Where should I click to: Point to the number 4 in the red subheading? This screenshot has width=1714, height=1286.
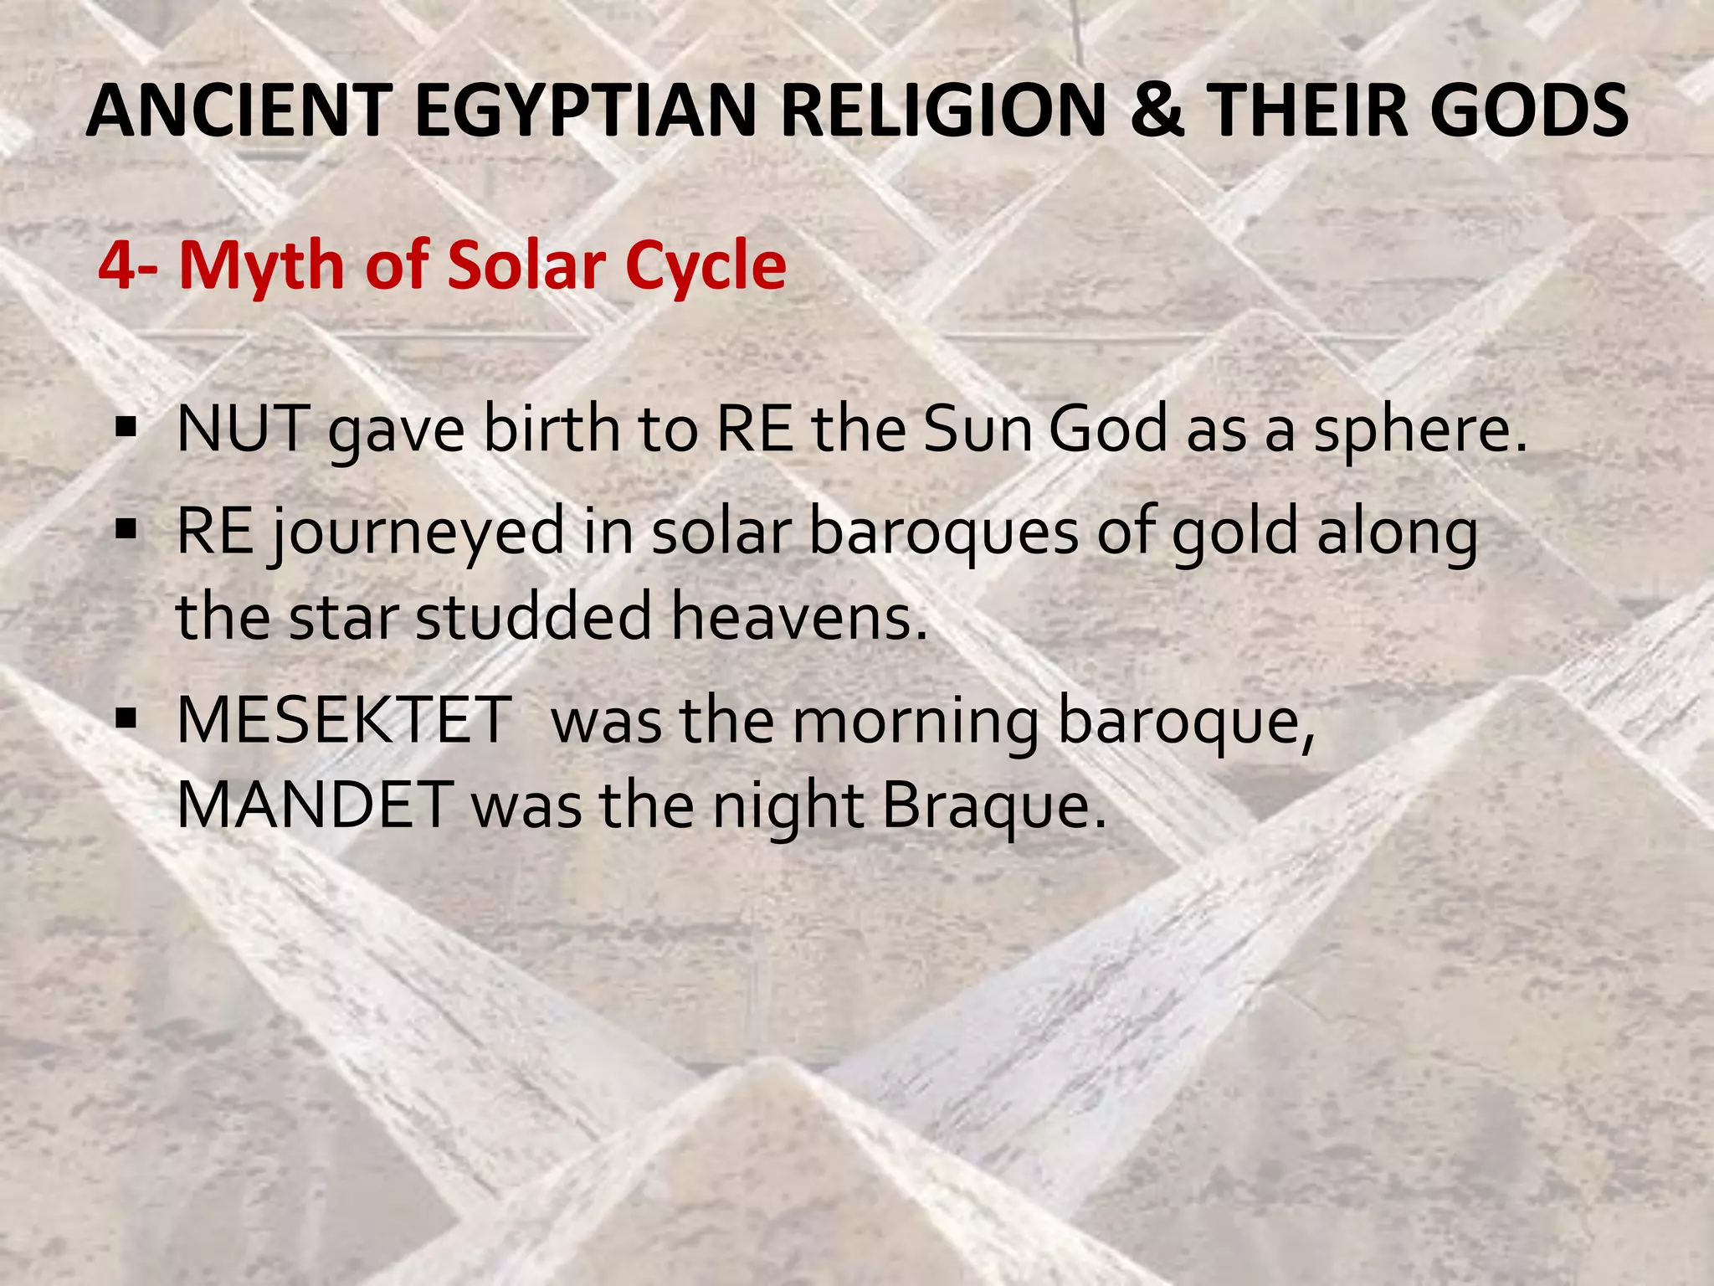(117, 266)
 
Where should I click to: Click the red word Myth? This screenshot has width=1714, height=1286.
(263, 266)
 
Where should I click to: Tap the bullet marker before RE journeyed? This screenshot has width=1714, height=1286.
(126, 530)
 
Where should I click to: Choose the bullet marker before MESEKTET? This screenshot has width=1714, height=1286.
(126, 718)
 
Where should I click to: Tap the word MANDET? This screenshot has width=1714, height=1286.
(315, 805)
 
